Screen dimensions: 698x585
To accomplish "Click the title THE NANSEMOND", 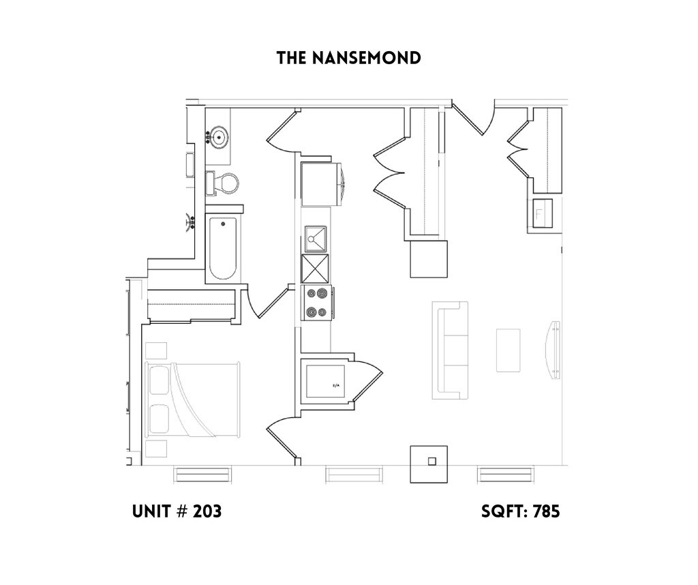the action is coord(348,59).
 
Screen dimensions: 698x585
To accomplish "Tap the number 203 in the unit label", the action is coord(207,511).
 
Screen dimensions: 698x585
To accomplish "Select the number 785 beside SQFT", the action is coord(545,511).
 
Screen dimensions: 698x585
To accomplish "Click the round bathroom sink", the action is coord(219,137).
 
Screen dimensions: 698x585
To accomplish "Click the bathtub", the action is coord(223,249).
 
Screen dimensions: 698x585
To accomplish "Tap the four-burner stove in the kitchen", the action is coord(316,303).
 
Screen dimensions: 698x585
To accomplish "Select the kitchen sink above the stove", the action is coord(316,239).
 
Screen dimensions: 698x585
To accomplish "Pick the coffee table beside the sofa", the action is coord(509,350).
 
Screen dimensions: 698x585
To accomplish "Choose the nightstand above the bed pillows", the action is coord(156,350).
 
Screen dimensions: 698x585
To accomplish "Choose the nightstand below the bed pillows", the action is coord(156,449).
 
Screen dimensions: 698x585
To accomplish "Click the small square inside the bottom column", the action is coord(431,461).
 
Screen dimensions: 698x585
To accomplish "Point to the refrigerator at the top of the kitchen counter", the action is coord(320,182).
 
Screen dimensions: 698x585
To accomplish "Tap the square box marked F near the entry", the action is coord(543,213).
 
